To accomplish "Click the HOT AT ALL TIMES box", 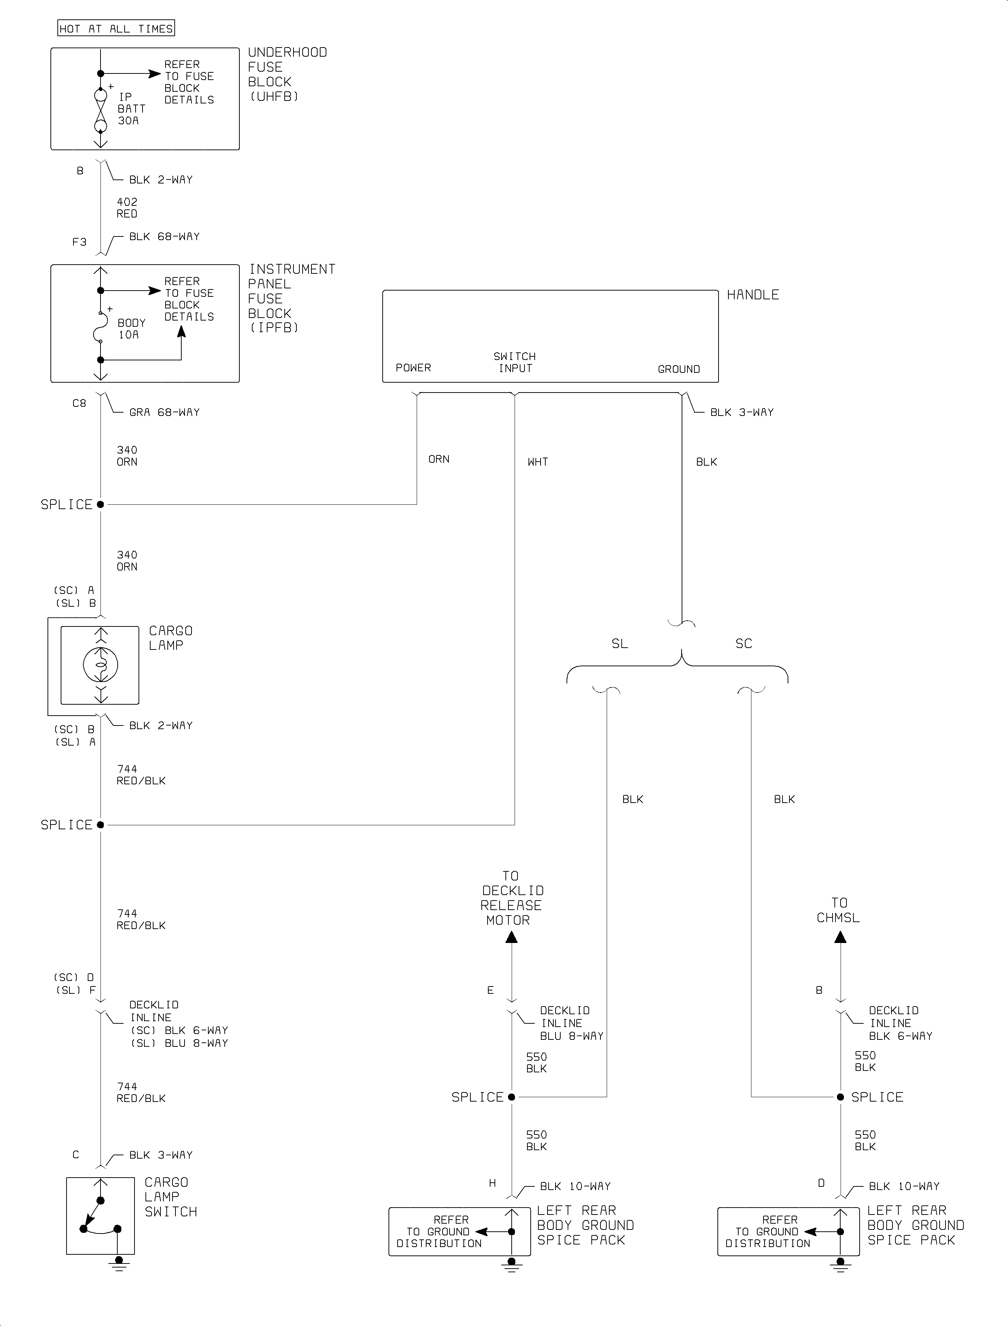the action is pyautogui.click(x=116, y=28).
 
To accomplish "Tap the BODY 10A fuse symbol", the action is pyautogui.click(x=100, y=327).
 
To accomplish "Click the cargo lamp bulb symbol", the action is pyautogui.click(x=101, y=665).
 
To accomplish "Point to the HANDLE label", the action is pyautogui.click(x=753, y=295).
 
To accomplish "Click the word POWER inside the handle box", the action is pyautogui.click(x=413, y=368).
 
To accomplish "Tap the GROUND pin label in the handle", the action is pyautogui.click(x=679, y=369).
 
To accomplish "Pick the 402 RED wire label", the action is pyautogui.click(x=127, y=208).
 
